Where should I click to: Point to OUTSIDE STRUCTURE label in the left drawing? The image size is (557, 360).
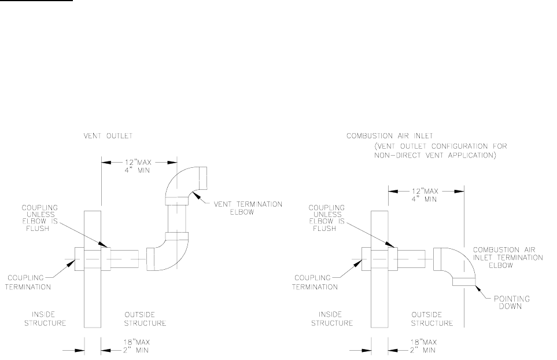point(145,319)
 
